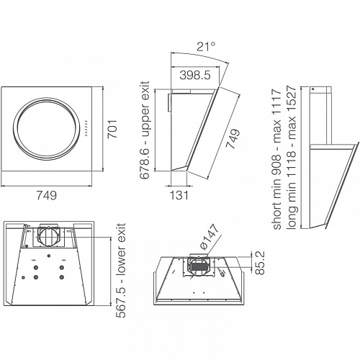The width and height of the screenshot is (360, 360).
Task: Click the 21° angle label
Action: [x=206, y=46]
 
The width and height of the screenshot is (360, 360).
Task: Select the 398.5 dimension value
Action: [x=195, y=75]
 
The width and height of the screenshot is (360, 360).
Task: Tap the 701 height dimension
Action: [x=112, y=129]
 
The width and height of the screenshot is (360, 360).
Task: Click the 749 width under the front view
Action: [x=47, y=195]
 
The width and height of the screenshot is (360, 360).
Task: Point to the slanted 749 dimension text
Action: [x=233, y=139]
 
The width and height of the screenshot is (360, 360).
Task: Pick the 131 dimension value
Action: [x=179, y=195]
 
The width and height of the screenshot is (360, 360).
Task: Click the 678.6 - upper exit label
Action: [x=145, y=130]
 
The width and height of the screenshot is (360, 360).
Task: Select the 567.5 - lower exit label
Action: [x=121, y=271]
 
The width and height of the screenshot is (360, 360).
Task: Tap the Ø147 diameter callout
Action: [x=210, y=237]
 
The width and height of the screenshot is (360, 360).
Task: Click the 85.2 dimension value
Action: [x=260, y=263]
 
